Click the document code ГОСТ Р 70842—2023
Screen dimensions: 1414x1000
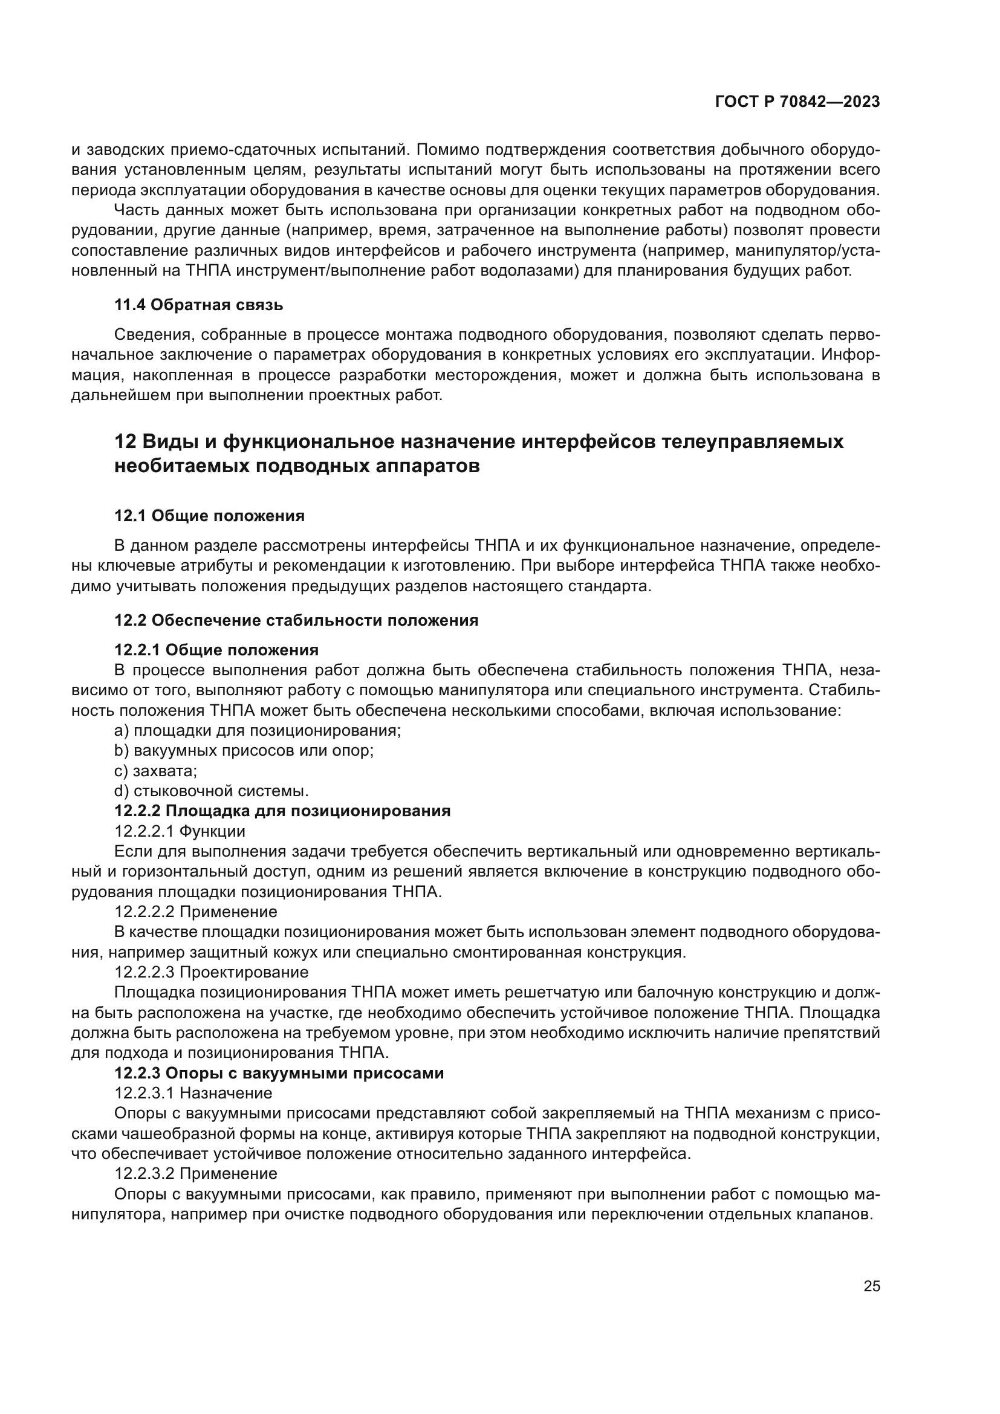click(797, 102)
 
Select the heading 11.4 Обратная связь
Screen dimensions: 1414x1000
click(198, 305)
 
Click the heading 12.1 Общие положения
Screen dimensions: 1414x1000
click(209, 516)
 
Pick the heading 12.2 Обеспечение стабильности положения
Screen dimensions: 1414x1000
click(296, 620)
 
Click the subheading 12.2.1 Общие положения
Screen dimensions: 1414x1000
click(216, 650)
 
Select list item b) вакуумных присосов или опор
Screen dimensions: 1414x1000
click(244, 751)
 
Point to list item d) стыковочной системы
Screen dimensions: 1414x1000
click(211, 791)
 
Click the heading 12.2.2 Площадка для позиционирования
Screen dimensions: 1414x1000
click(282, 811)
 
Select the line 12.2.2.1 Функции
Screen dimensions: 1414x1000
click(180, 831)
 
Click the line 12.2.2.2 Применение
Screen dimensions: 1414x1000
click(196, 912)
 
